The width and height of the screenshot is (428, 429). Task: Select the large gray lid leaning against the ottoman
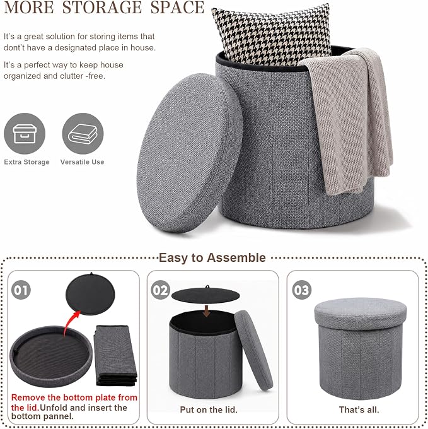(189, 153)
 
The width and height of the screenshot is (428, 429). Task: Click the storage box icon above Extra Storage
(25, 134)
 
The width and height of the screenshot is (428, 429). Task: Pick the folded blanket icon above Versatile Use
(83, 134)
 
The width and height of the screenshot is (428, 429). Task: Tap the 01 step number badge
(21, 290)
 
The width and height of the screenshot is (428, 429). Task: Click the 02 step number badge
(161, 290)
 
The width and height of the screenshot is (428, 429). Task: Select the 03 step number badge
(302, 290)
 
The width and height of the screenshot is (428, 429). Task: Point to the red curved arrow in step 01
(70, 323)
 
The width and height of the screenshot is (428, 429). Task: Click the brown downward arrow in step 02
(207, 311)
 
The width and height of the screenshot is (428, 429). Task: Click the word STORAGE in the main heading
(102, 8)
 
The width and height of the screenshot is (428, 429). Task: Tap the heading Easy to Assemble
(212, 258)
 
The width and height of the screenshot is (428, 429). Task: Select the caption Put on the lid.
(209, 409)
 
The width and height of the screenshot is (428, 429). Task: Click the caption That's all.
(359, 409)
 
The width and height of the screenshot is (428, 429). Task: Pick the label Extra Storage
(26, 162)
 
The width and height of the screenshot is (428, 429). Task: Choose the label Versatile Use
(83, 162)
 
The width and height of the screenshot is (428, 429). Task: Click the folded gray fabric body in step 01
(115, 355)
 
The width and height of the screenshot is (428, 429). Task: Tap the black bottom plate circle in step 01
(90, 294)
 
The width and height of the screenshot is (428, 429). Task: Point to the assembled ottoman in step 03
(360, 348)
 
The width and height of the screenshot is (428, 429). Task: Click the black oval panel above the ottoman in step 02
(205, 295)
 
